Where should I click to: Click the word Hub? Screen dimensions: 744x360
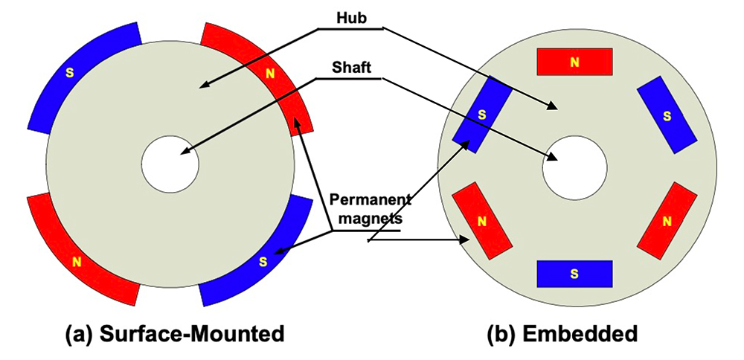coord(350,18)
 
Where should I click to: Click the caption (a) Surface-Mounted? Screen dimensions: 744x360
coord(175,335)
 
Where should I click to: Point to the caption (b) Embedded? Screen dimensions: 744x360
coord(562,335)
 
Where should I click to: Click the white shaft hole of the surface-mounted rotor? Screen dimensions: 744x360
coord(170,164)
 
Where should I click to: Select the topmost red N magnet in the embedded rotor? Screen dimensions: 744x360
coord(574,62)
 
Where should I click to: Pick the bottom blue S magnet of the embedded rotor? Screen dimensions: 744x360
coord(574,274)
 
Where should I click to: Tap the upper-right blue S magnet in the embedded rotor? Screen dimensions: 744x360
coord(667,115)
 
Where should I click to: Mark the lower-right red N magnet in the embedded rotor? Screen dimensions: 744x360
coord(667,221)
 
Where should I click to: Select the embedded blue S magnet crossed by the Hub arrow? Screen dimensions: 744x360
coord(482,115)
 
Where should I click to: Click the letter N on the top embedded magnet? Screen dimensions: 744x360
coord(574,62)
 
